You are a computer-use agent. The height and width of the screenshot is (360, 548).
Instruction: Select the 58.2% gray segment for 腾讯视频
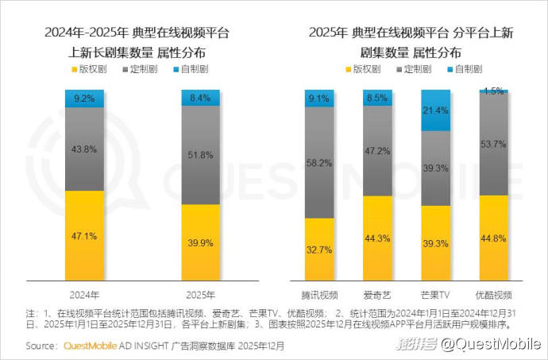319,162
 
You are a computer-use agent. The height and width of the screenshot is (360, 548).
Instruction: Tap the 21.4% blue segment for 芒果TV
435,110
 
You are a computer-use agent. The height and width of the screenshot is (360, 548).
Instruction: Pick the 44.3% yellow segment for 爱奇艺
377,238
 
